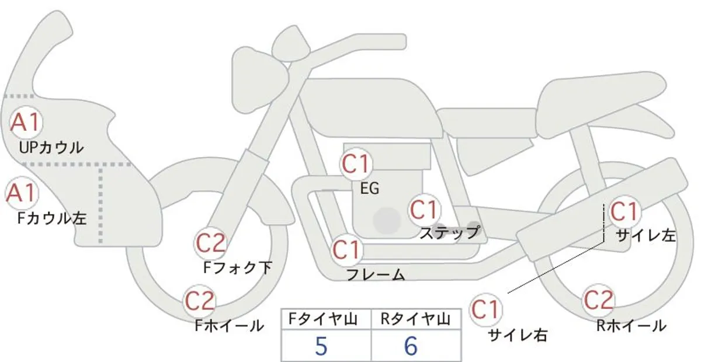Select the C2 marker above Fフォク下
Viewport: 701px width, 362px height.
pos(211,243)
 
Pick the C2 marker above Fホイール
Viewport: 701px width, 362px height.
pos(200,301)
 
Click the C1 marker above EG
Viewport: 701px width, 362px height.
pos(356,164)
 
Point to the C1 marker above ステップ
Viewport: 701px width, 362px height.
pos(424,210)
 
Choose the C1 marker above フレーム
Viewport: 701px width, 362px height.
pos(346,250)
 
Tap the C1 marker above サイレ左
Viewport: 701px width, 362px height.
pos(624,212)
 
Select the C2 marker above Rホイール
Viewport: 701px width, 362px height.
pos(598,300)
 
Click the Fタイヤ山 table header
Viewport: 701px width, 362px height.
pos(323,319)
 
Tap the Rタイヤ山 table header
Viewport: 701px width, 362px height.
pos(415,319)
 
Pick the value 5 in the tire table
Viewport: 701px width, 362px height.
pos(321,346)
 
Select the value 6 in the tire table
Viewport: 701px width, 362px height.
pos(411,346)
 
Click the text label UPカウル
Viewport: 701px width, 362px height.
pos(51,148)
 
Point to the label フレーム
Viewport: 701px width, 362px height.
pos(376,274)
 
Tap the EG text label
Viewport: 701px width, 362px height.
pos(370,189)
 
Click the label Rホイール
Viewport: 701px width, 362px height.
pos(631,326)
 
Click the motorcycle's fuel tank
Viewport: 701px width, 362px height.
pos(369,108)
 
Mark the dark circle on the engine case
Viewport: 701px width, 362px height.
pos(387,221)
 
